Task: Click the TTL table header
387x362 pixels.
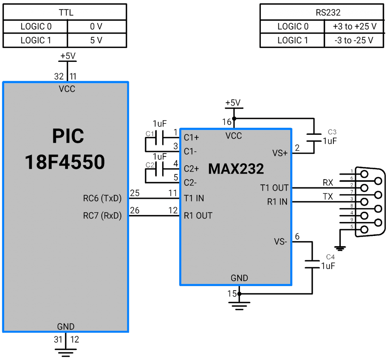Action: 66,13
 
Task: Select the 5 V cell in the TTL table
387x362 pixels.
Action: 96,40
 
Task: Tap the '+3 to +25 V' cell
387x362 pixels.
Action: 354,26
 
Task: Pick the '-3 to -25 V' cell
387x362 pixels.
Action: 354,40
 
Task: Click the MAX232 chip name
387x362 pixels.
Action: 236,169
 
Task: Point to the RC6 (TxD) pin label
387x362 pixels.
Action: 102,198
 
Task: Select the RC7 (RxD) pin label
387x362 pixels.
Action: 102,216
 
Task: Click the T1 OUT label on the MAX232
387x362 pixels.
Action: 274,188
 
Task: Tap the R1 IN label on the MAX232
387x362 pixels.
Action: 277,202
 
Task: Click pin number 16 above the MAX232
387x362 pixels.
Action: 226,122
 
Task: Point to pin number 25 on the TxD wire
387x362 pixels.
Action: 135,193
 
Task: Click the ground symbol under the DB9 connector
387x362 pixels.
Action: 341,248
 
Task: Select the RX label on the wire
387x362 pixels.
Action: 328,183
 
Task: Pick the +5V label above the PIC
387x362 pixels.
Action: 68,56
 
